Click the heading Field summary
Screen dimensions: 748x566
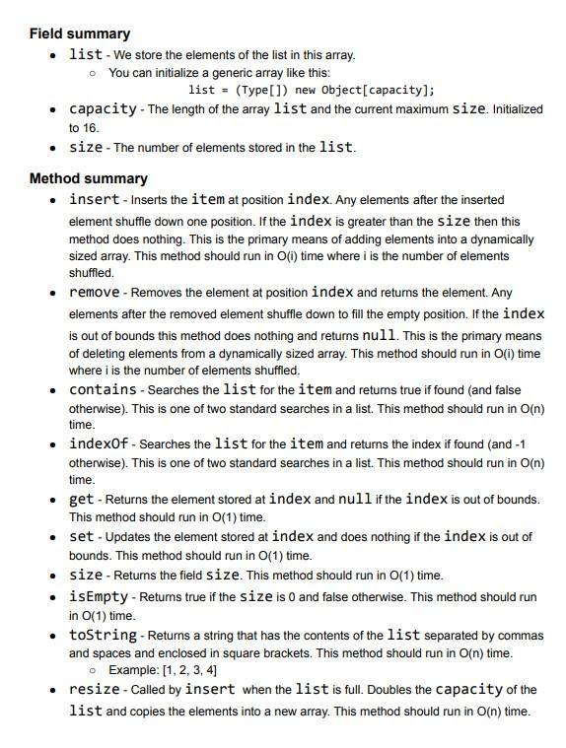click(79, 34)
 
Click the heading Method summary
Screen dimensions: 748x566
click(88, 178)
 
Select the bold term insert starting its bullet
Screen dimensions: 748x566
click(94, 199)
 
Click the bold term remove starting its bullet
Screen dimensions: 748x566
click(94, 293)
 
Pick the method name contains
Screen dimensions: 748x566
click(103, 389)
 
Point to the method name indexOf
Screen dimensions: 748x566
click(99, 443)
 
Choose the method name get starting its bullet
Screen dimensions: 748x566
click(81, 499)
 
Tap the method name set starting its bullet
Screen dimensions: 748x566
click(81, 537)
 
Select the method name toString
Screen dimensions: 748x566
click(103, 635)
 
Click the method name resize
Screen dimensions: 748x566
click(94, 690)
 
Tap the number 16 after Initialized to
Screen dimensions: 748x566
click(92, 127)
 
